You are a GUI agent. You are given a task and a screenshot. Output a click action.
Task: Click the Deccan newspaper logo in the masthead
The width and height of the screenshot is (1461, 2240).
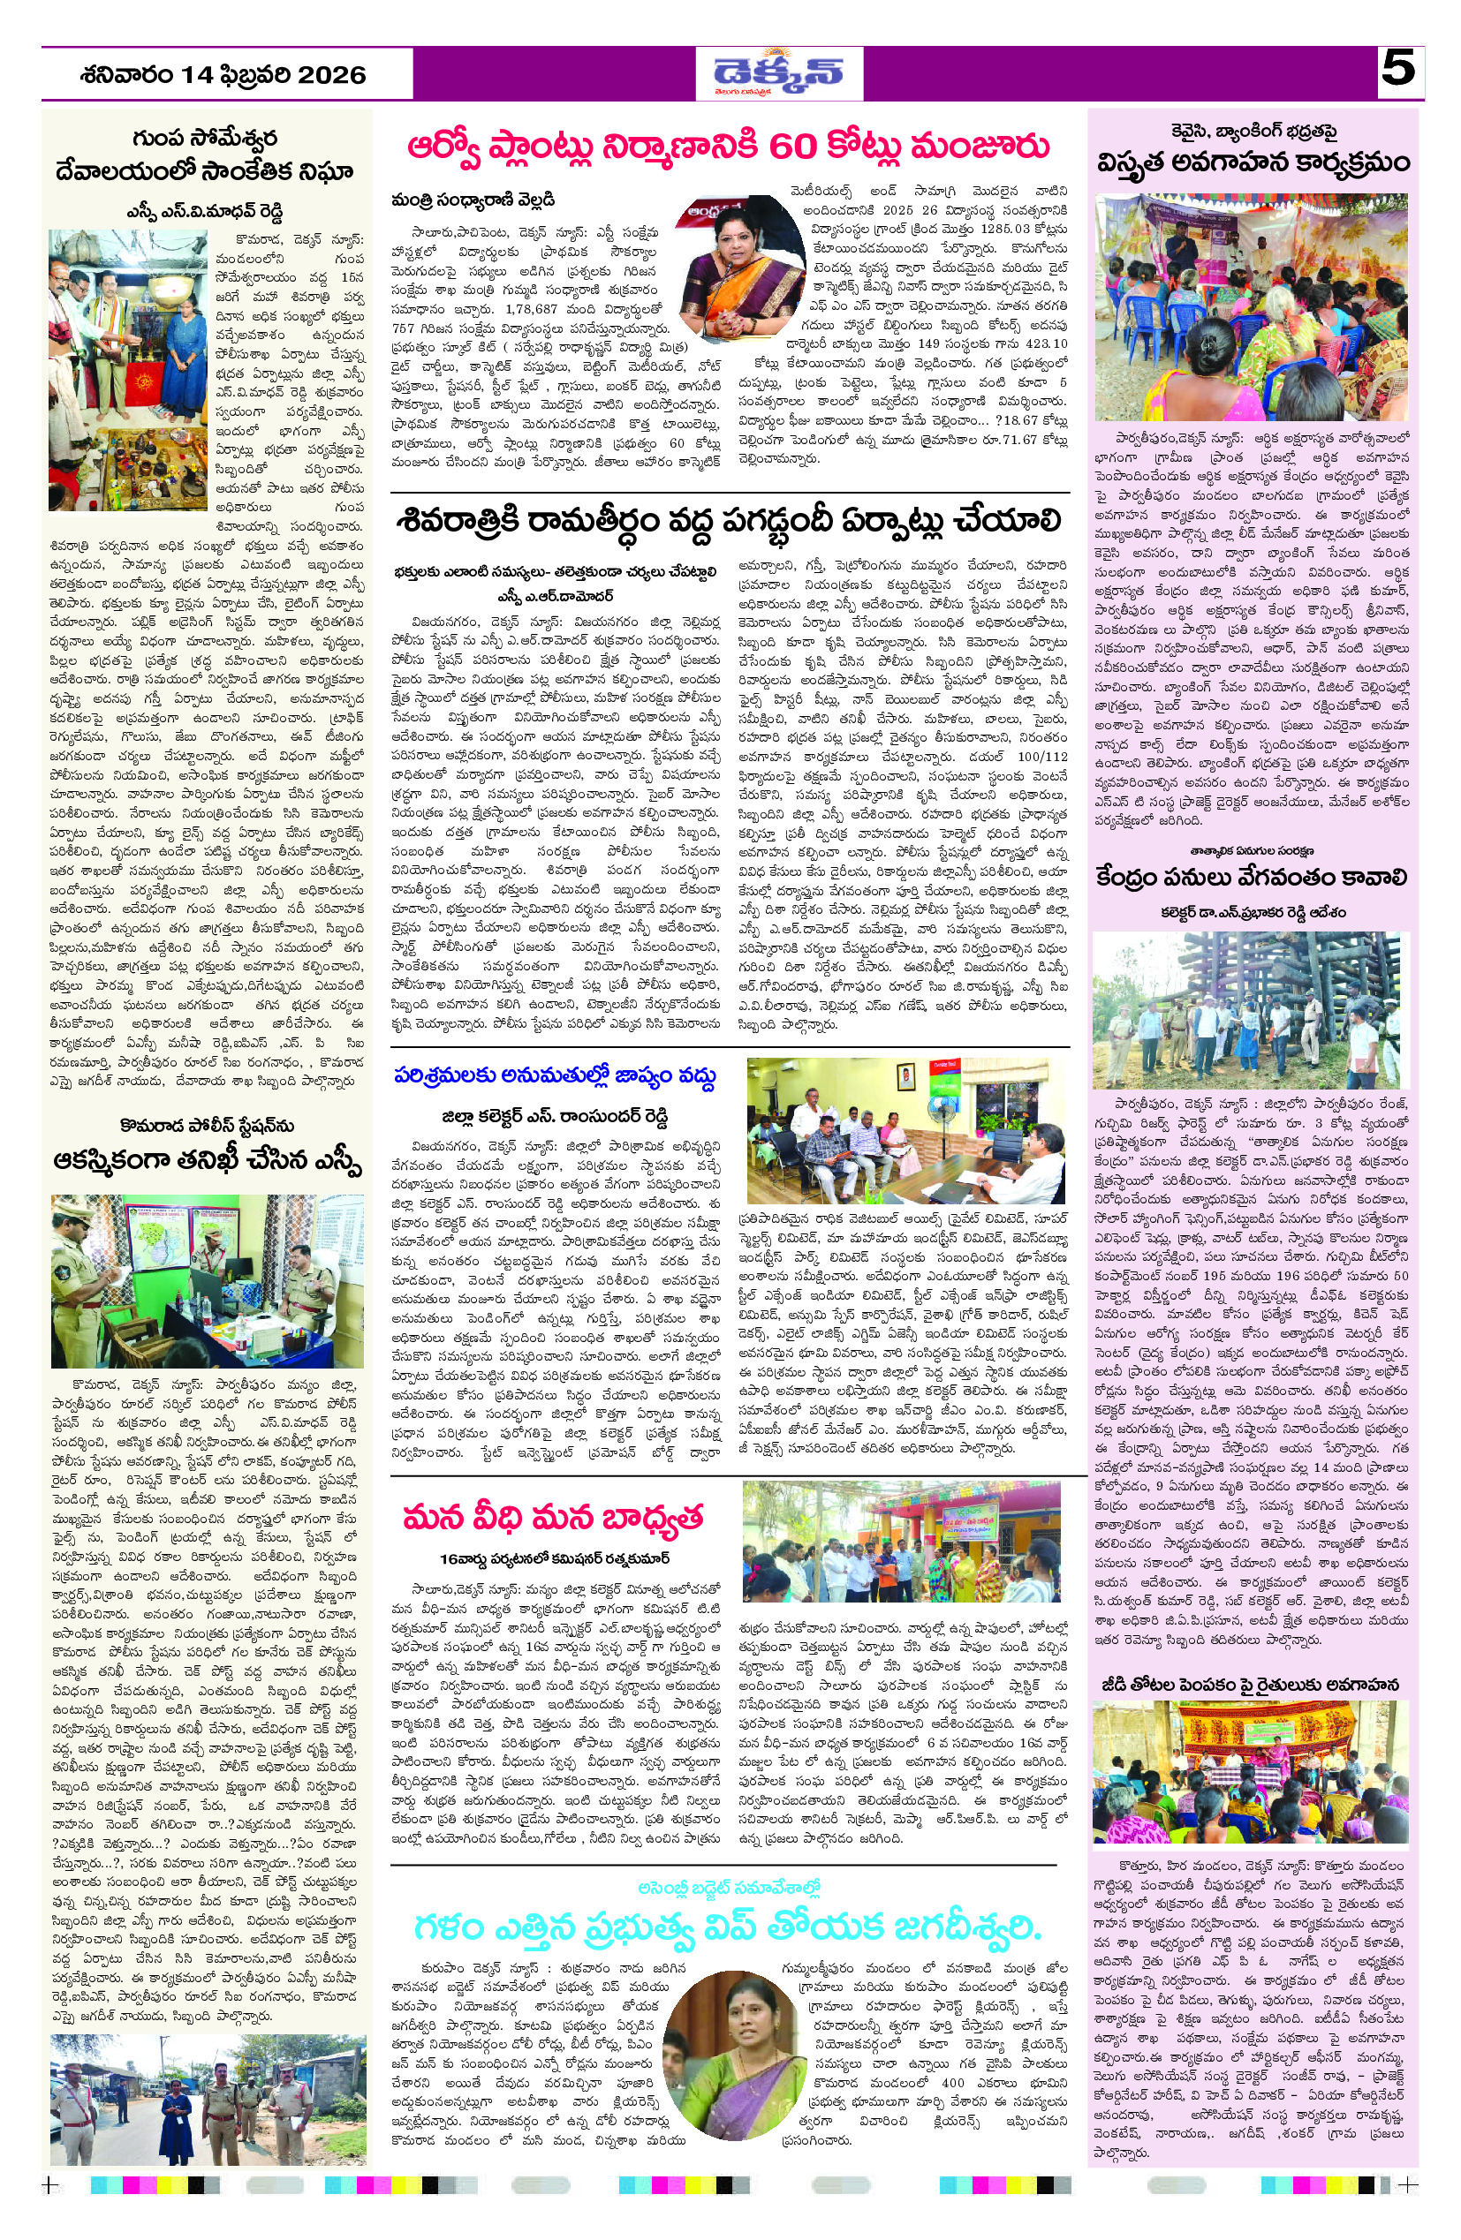778,72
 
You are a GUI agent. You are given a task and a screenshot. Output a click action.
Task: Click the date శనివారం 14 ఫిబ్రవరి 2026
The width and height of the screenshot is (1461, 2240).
223,74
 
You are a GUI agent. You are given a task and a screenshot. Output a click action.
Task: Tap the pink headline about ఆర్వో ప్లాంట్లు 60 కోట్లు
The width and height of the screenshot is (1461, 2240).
728,147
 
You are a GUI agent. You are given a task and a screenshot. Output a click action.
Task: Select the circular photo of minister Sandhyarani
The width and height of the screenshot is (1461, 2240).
743,254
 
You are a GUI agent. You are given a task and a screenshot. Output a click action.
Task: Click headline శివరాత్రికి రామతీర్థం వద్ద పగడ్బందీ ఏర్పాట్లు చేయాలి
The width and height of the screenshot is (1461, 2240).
730,520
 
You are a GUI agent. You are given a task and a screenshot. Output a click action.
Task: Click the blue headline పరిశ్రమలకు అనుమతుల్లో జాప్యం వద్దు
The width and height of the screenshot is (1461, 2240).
556,1075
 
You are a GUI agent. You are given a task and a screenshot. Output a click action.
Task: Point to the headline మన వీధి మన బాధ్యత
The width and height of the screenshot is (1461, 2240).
553,1517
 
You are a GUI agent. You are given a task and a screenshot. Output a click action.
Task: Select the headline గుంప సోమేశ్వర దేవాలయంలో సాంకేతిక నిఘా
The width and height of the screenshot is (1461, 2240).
204,156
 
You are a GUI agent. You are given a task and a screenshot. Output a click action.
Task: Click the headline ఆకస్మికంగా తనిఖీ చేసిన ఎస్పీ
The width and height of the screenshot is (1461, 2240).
208,1160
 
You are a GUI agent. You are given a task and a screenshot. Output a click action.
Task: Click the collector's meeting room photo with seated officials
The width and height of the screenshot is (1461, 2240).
905,1130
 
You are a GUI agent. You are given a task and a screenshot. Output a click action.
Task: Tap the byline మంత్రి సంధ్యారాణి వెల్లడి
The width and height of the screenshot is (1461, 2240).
473,200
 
